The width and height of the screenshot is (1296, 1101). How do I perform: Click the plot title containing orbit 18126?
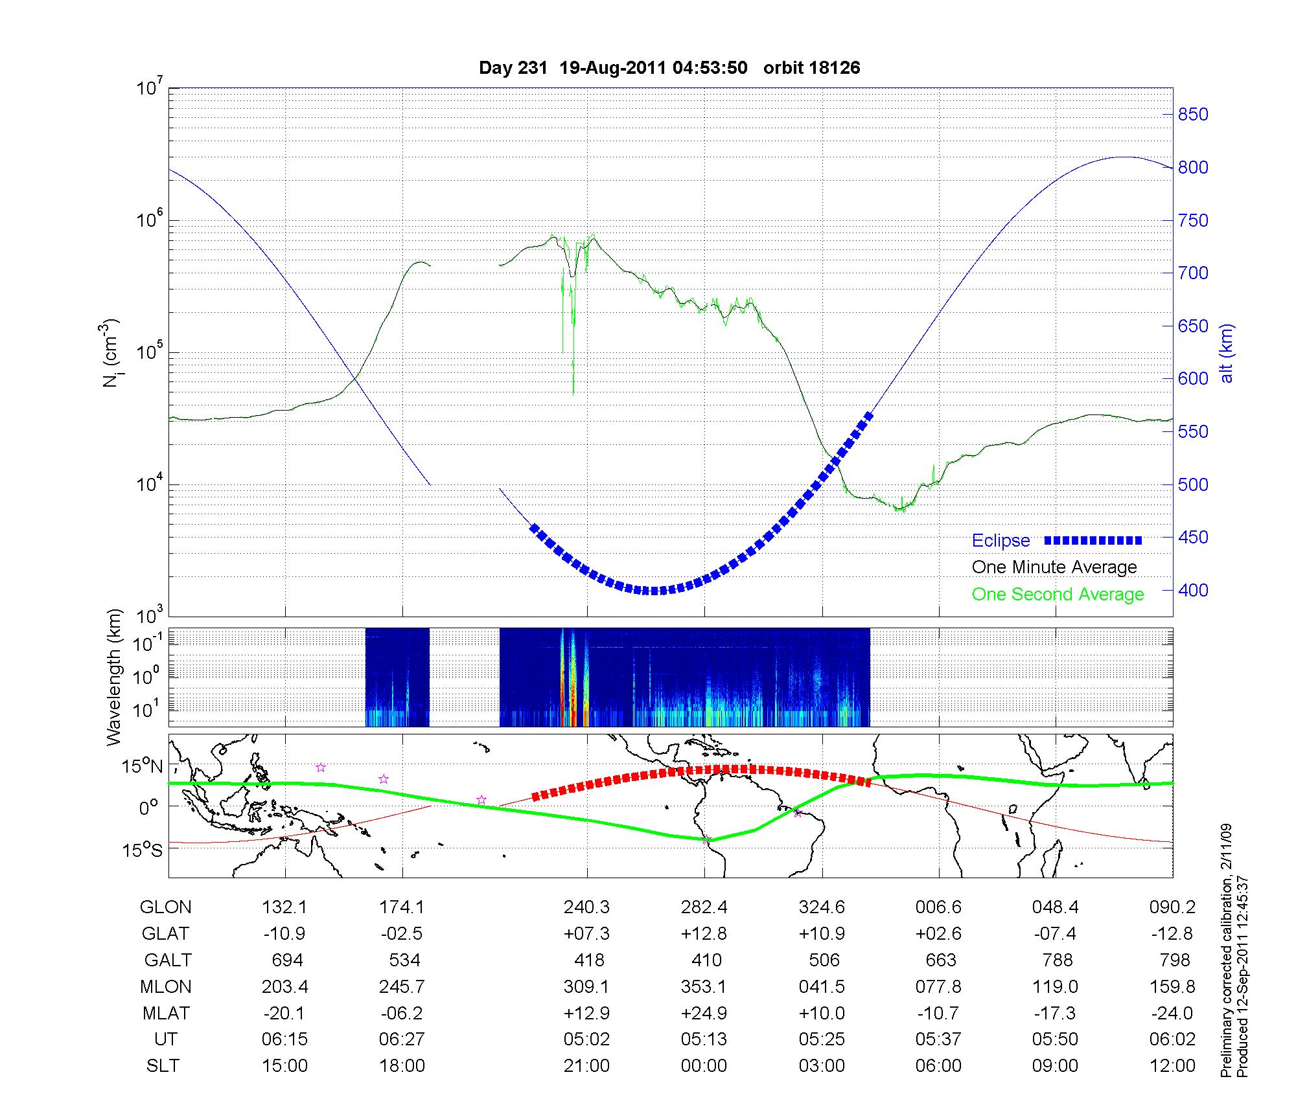point(669,68)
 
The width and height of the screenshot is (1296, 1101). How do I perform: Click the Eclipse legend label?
point(1001,541)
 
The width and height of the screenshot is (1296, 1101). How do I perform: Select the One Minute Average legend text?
point(1054,567)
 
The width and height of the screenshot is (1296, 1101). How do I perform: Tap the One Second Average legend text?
point(1058,595)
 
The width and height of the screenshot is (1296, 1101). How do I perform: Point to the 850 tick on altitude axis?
point(1193,115)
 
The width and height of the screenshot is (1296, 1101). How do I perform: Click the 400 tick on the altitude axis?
point(1193,590)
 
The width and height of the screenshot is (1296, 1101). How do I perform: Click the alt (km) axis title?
point(1227,353)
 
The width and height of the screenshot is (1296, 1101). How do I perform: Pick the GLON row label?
point(165,907)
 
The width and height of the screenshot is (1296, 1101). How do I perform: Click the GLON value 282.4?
point(704,907)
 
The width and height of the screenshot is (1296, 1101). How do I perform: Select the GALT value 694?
point(287,960)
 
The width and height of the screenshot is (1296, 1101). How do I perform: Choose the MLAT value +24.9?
point(704,1013)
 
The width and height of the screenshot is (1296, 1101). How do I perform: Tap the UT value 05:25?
point(822,1039)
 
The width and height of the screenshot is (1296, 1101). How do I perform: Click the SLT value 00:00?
point(704,1065)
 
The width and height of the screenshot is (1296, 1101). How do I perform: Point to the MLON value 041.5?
point(822,986)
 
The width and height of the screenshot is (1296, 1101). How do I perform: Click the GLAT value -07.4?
point(1056,933)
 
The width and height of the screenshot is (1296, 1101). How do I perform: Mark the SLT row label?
point(163,1065)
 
